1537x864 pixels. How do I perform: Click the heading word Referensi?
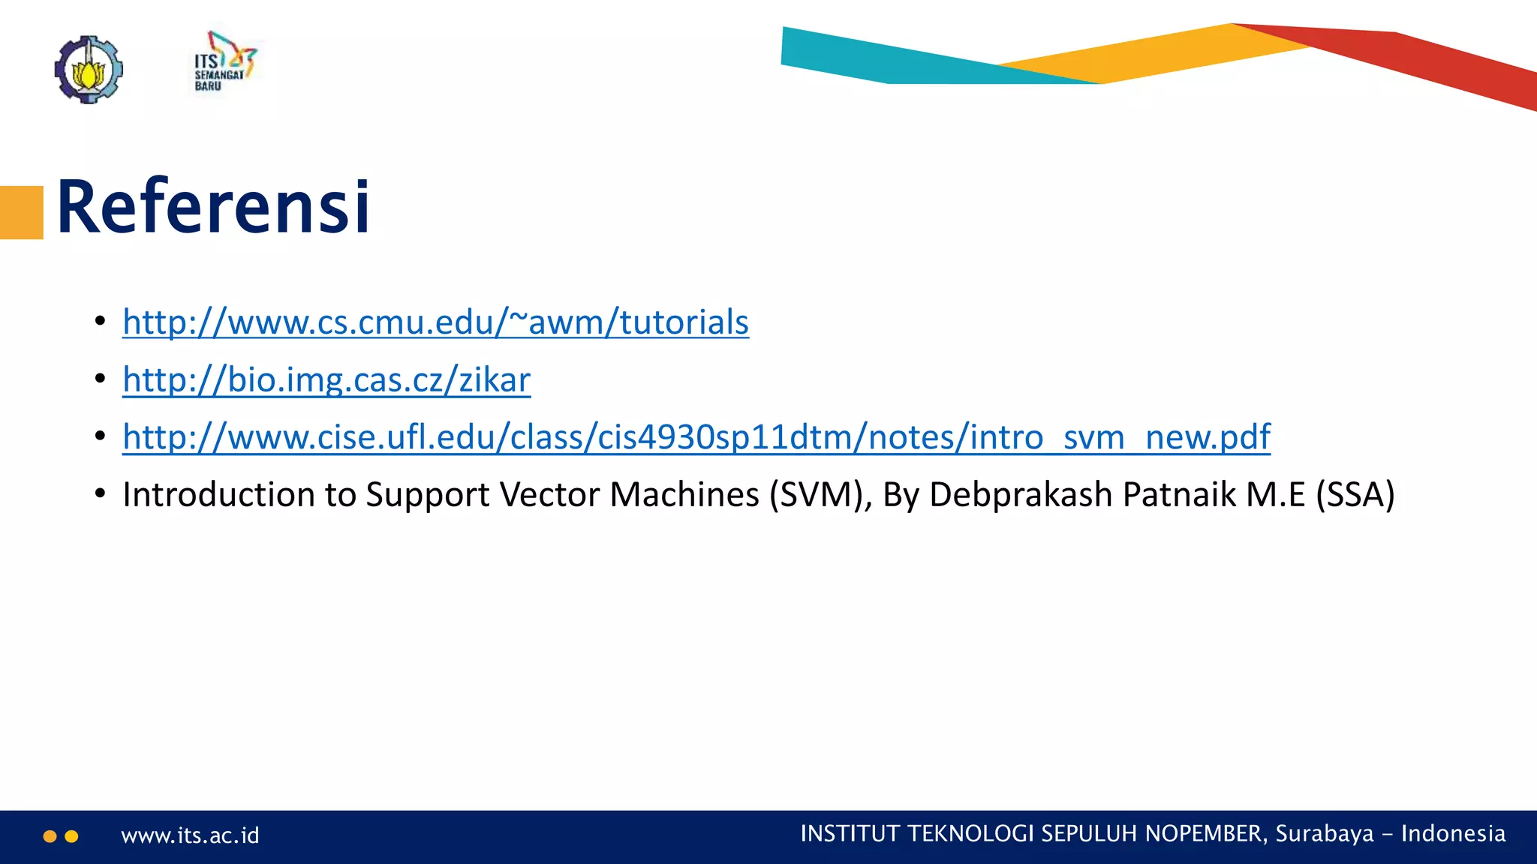coord(213,206)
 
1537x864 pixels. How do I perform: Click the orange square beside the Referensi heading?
coord(21,212)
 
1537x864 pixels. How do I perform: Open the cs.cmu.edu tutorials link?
coord(435,322)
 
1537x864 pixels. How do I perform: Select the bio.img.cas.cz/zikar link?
coord(326,380)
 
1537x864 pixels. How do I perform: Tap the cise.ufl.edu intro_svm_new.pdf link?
coord(696,437)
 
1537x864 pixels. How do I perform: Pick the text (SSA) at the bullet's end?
coord(1355,495)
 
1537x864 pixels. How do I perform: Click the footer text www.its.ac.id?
coord(190,835)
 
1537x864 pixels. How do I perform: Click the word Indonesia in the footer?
coord(1453,834)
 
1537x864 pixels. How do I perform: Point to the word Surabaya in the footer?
coord(1325,834)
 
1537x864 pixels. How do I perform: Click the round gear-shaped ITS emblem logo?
coord(89,69)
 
